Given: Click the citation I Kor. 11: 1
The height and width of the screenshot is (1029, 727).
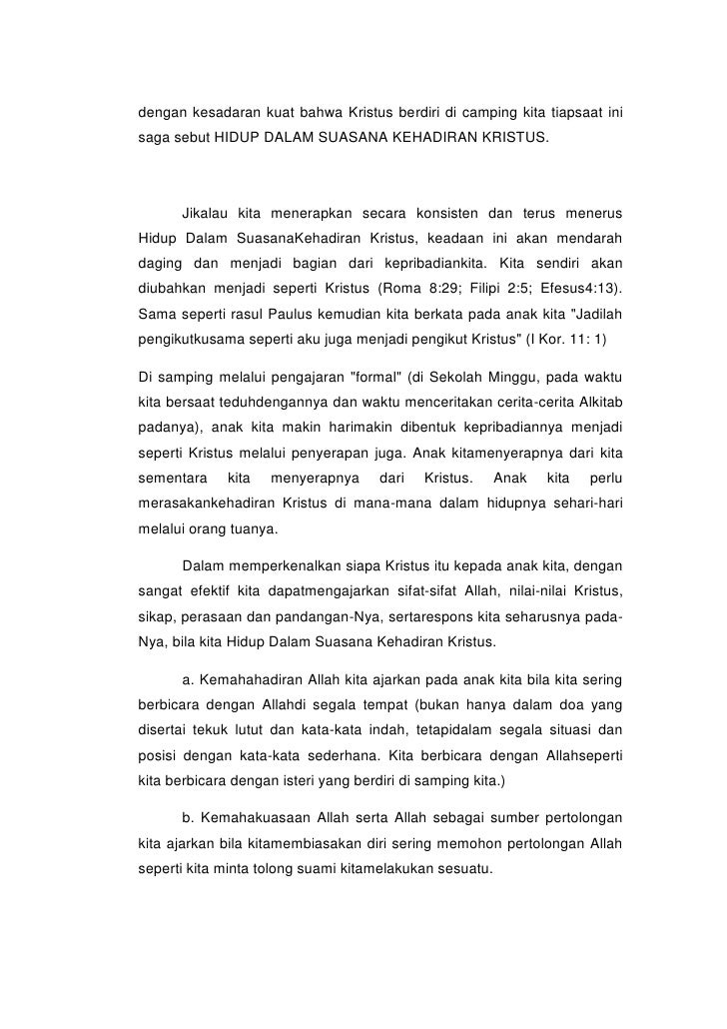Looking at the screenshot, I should pyautogui.click(x=570, y=339).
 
